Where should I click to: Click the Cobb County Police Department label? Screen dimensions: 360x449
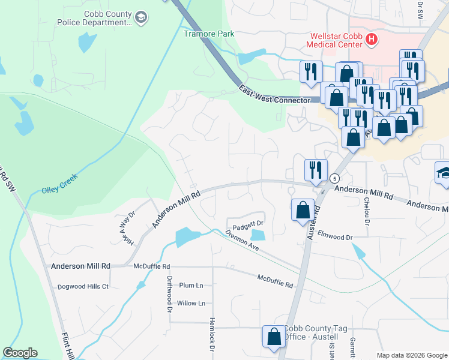[94, 18]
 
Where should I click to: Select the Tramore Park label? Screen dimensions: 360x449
[209, 34]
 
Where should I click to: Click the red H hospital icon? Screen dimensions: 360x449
[372, 40]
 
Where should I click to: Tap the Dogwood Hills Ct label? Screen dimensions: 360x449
[83, 287]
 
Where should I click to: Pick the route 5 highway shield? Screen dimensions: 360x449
[334, 178]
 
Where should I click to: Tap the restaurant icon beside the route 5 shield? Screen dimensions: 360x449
[314, 170]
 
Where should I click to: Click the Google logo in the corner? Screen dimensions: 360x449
[20, 353]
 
